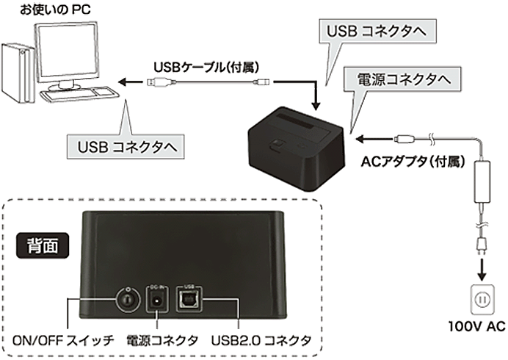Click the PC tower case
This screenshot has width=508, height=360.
click(x=16, y=74)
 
